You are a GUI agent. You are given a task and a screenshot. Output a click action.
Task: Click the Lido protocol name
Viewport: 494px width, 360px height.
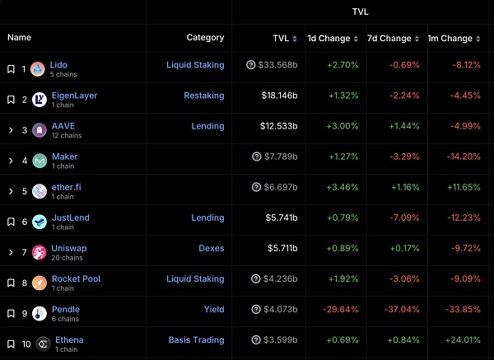point(58,65)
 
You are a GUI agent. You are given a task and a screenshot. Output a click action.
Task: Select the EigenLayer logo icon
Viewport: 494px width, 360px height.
point(38,100)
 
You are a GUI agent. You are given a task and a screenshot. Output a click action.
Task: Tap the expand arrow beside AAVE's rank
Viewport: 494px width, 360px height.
point(11,130)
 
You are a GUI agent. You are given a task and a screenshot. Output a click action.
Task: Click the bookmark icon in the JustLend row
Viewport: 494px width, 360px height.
point(11,222)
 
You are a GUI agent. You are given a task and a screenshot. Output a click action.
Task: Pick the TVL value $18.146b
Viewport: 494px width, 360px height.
point(278,96)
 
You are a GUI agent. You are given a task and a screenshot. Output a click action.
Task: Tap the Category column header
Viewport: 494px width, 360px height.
point(205,37)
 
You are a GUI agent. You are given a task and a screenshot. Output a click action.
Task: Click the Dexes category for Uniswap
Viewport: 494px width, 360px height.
point(211,248)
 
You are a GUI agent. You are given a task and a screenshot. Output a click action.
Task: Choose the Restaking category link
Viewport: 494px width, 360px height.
point(203,96)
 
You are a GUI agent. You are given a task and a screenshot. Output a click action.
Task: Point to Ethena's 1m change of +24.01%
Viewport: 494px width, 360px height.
point(460,340)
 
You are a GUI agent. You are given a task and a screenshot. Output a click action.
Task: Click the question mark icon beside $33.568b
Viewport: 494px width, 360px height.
point(251,65)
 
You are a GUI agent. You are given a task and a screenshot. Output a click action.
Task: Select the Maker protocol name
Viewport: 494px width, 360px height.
point(65,157)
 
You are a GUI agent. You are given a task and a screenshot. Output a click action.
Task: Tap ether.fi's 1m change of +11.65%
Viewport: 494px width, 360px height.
point(460,187)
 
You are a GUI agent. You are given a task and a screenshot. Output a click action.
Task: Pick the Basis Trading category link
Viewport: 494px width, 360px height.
point(196,340)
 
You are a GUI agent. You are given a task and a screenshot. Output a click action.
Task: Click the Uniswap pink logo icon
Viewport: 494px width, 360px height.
point(38,253)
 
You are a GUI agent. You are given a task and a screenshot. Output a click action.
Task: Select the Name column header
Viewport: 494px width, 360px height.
point(19,37)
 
